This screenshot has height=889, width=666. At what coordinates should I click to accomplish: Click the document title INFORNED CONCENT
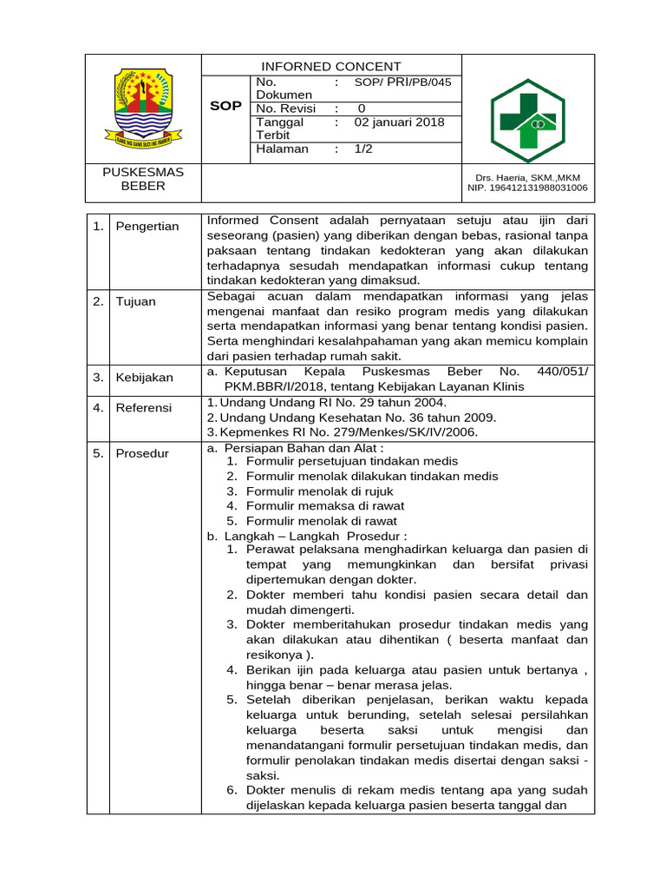332,66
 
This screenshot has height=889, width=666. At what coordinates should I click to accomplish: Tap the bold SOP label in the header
225,106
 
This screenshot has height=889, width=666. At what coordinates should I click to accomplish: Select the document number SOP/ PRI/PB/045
402,82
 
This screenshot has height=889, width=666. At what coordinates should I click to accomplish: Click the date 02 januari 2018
399,122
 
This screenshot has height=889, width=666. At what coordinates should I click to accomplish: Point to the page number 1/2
363,148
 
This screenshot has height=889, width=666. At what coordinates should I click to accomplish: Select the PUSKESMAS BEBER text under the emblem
143,179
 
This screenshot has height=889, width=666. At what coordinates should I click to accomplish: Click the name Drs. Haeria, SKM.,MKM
526,177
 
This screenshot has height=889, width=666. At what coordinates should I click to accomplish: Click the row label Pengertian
147,227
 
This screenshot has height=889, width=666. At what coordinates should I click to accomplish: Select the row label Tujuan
135,301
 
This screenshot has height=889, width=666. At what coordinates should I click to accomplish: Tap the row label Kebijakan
144,378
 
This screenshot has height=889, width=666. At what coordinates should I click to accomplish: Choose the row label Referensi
144,407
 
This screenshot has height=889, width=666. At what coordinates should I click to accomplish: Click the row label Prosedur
143,453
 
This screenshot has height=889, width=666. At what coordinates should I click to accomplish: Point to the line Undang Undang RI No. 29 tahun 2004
327,402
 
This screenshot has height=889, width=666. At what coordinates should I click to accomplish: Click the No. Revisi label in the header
286,109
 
